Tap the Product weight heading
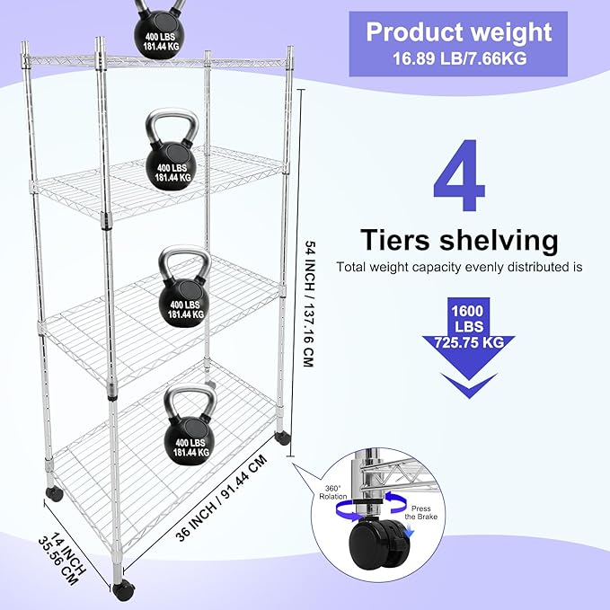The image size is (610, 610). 458,33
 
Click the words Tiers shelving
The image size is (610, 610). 459,240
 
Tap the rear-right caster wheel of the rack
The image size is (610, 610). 284,438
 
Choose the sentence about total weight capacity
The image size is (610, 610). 459,267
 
